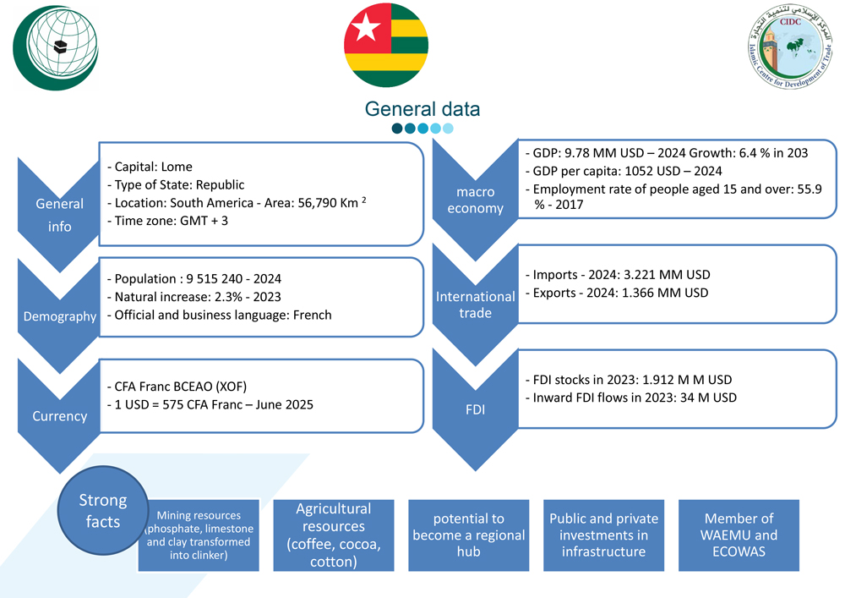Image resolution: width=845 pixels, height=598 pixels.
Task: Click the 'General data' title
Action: tap(422, 109)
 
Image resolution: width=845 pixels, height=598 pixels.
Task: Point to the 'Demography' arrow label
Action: tap(59, 316)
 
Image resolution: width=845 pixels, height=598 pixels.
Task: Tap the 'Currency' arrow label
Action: tap(59, 416)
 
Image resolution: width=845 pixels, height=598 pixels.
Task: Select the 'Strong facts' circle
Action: tap(103, 511)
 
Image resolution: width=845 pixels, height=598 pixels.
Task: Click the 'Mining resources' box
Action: tap(199, 535)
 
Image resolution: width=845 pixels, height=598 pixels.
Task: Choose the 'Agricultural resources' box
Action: tap(333, 535)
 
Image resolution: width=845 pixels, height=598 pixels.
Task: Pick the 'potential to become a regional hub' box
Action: tap(468, 535)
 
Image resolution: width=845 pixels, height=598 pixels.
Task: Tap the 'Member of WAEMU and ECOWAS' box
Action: tap(740, 535)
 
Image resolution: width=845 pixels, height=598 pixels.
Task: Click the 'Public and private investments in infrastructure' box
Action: tap(603, 535)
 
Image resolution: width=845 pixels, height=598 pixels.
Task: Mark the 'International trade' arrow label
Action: tap(474, 304)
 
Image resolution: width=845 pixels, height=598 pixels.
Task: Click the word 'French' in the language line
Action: tap(310, 315)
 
